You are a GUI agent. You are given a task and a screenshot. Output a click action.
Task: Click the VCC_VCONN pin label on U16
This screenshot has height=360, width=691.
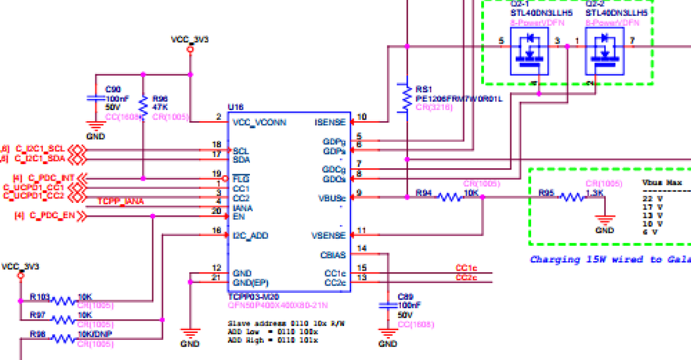(260, 123)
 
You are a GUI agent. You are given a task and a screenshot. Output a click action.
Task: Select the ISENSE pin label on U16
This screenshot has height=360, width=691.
(330, 123)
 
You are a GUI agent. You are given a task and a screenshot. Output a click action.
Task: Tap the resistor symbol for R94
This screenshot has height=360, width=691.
(449, 197)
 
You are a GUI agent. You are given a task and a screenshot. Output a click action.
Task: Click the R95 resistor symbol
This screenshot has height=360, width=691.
(572, 197)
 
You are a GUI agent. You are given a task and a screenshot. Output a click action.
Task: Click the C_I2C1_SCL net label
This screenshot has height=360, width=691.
(41, 149)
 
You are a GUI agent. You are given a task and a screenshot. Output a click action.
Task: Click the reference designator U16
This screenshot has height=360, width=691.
(235, 108)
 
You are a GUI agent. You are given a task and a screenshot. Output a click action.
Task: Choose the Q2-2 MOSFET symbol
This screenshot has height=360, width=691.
(604, 53)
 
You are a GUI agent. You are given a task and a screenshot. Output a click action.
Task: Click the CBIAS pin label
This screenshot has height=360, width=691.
(333, 254)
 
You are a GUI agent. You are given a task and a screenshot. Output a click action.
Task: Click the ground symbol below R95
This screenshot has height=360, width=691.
(604, 222)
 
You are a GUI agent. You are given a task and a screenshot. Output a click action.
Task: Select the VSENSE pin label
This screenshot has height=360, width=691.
(329, 235)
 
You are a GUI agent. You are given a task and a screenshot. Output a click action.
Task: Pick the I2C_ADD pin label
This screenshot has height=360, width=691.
(251, 235)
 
